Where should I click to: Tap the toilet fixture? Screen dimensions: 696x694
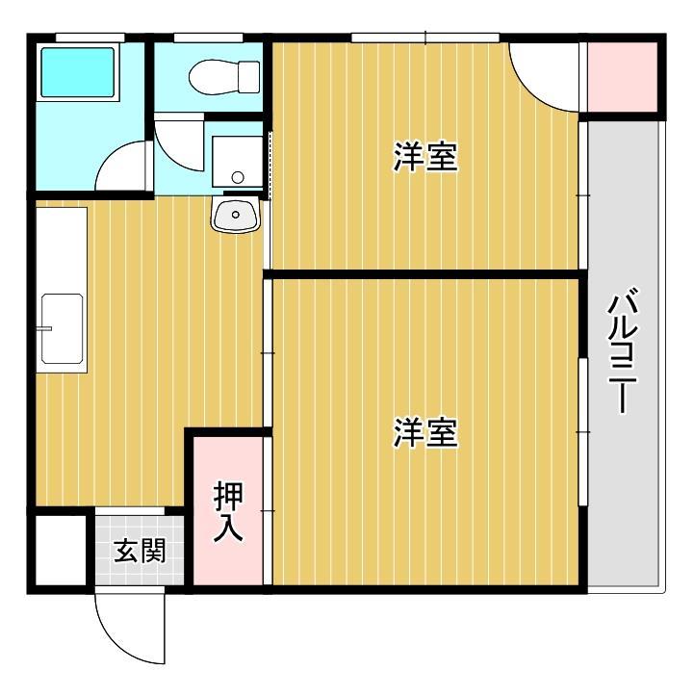tap(225, 75)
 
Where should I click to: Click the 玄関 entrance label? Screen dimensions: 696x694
tap(140, 552)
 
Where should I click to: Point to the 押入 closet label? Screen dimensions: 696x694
tap(228, 510)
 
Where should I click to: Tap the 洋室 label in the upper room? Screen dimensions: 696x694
tap(424, 157)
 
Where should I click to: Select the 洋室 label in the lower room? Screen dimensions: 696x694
tap(424, 433)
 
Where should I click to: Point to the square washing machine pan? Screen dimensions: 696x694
tap(237, 161)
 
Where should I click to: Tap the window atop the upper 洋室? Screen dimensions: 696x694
tap(424, 39)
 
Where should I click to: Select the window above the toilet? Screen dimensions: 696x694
tap(206, 38)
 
